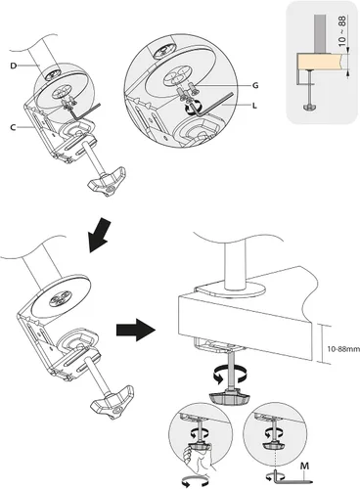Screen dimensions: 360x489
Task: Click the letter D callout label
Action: click(14, 66)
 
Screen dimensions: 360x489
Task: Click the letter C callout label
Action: click(13, 127)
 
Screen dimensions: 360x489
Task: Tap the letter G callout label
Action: click(255, 85)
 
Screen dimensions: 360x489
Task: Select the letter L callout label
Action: click(254, 106)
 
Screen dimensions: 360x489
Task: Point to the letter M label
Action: click(304, 467)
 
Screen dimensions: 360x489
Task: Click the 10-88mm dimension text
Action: click(343, 348)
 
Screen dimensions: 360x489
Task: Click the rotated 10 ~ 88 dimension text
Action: click(341, 30)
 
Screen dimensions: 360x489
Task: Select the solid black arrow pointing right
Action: click(135, 330)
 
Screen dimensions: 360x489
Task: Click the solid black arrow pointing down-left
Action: click(100, 236)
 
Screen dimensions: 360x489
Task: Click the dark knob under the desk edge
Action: click(231, 398)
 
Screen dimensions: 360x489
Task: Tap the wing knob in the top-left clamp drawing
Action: click(107, 182)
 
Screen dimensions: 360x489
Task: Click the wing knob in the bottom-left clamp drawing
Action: click(113, 402)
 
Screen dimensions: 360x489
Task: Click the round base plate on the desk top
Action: click(231, 289)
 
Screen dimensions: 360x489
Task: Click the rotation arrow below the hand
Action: click(196, 481)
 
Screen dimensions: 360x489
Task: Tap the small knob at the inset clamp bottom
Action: click(309, 107)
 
